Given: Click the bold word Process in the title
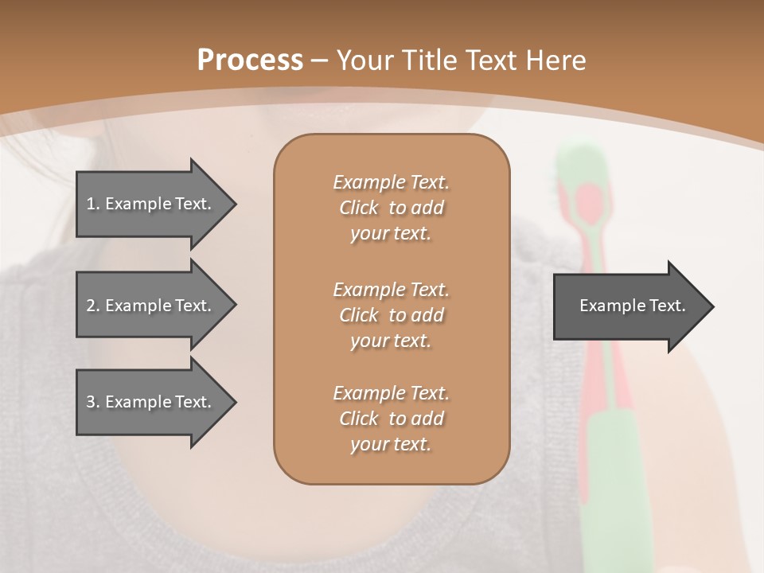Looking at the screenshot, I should coord(250,60).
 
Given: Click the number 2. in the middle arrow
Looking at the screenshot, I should coord(93,306).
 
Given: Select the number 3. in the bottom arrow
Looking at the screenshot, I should coord(93,402).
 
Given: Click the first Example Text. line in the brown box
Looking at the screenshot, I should coord(391,182).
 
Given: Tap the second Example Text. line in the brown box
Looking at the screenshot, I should coord(391,290).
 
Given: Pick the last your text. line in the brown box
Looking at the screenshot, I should coord(391,444).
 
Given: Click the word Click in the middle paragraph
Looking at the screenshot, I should coord(358,315).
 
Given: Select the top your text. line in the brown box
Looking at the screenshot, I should coord(391,233).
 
